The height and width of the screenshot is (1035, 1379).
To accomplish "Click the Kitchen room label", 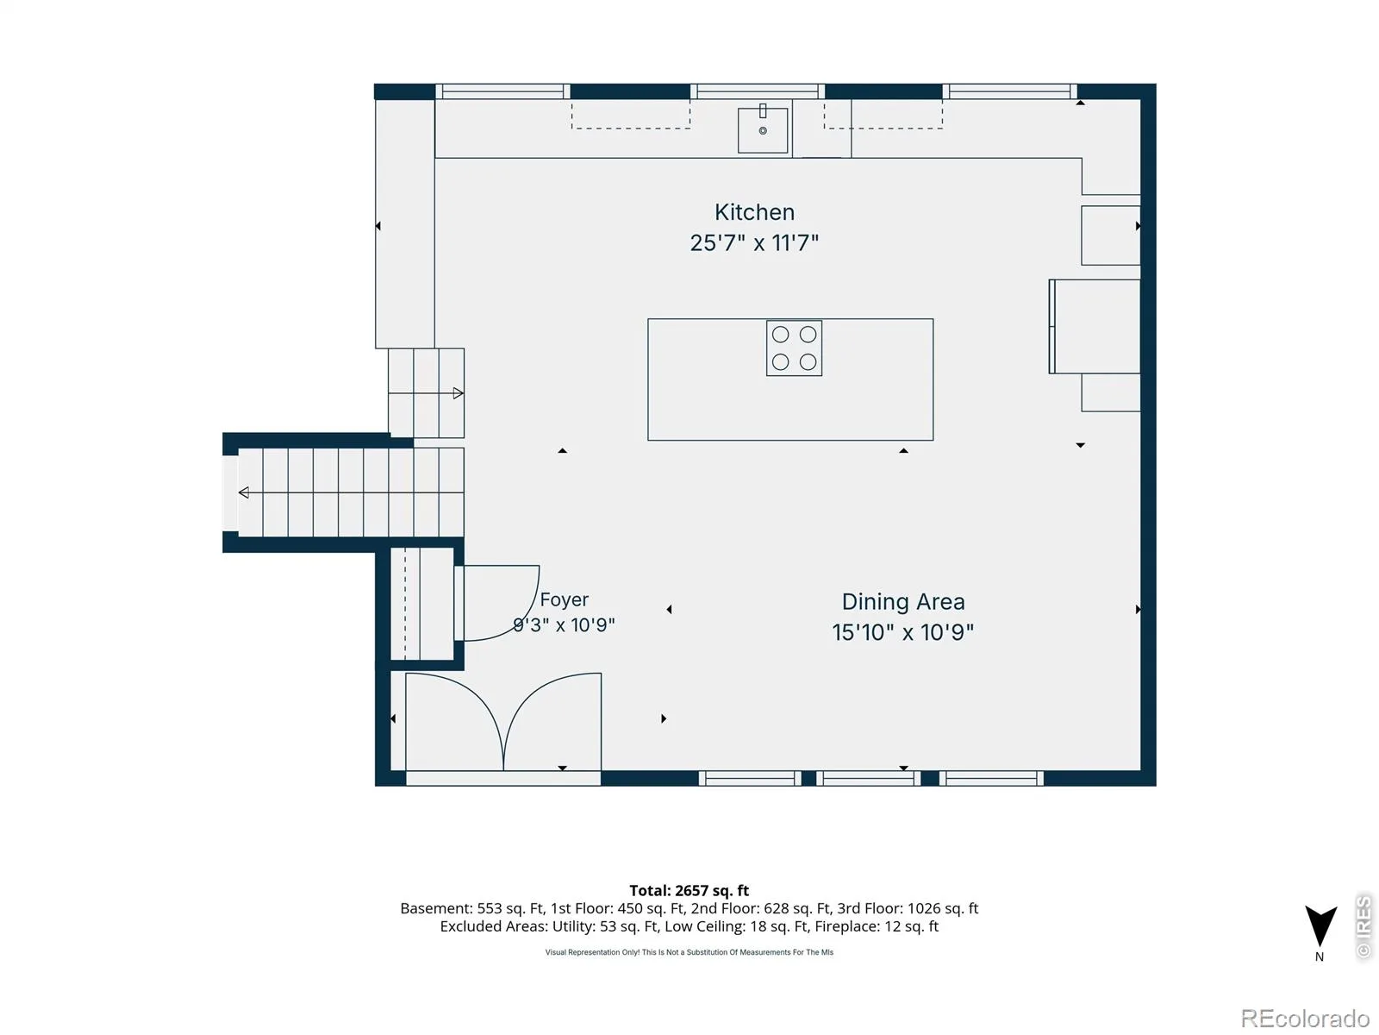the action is click(x=754, y=212).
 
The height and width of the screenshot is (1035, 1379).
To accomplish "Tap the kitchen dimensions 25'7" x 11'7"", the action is click(x=754, y=242).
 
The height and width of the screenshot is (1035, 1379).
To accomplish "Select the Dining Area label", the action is click(x=902, y=602).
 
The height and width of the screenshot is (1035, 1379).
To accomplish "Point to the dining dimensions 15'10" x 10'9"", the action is click(x=902, y=632).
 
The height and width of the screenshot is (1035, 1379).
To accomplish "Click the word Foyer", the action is click(x=565, y=600).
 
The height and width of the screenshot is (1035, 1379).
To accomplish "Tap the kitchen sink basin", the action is click(x=762, y=130).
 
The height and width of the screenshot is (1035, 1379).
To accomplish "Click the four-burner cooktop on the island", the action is click(x=794, y=348).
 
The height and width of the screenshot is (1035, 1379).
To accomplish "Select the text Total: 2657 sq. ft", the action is click(x=689, y=890).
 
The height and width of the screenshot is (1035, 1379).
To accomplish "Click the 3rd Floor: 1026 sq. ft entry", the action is click(x=908, y=908).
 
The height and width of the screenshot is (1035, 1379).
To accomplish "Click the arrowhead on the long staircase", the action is click(x=244, y=492).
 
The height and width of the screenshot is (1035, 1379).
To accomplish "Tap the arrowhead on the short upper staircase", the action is click(x=458, y=393).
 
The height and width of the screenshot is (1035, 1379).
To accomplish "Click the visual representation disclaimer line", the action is click(x=689, y=952).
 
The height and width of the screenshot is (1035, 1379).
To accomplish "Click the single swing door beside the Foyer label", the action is click(x=496, y=603).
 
